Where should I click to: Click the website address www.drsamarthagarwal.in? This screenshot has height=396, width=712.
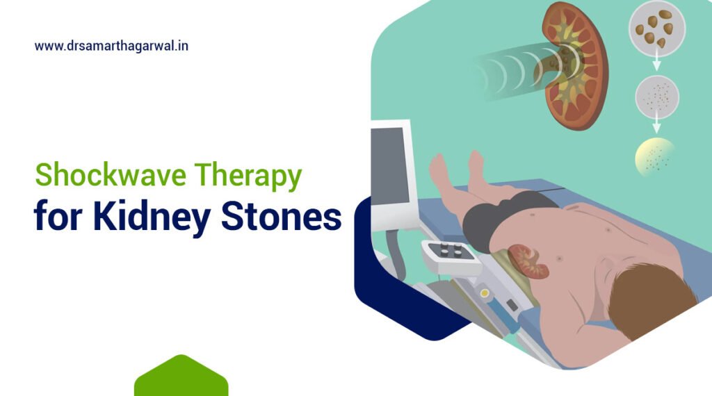pos(111,47)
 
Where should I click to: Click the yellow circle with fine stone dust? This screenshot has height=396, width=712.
pos(654,156)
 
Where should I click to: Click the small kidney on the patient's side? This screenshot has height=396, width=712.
pos(528,260)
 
